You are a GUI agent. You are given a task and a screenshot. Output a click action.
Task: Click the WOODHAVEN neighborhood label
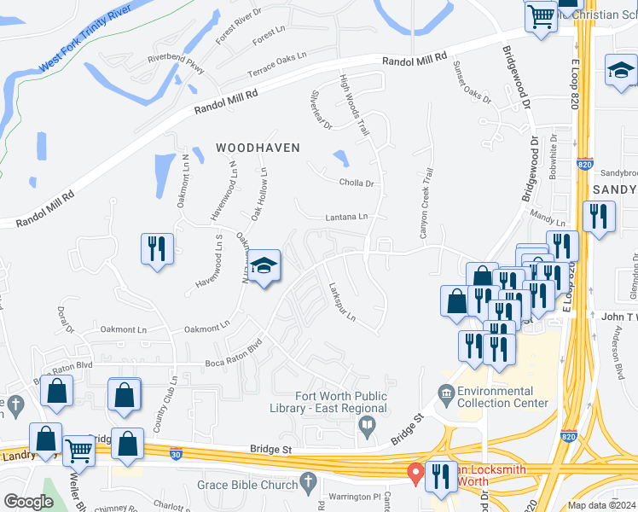(x=258, y=148)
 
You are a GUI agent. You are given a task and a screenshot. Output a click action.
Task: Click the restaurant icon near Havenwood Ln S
(x=157, y=248)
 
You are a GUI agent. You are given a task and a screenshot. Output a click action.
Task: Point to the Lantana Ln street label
(x=346, y=218)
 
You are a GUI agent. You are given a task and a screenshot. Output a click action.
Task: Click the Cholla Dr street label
(x=357, y=183)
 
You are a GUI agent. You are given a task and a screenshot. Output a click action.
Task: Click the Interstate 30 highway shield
(x=176, y=453)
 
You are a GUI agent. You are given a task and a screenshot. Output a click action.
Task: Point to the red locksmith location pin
(x=415, y=472)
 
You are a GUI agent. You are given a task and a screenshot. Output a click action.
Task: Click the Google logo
(x=28, y=502)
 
